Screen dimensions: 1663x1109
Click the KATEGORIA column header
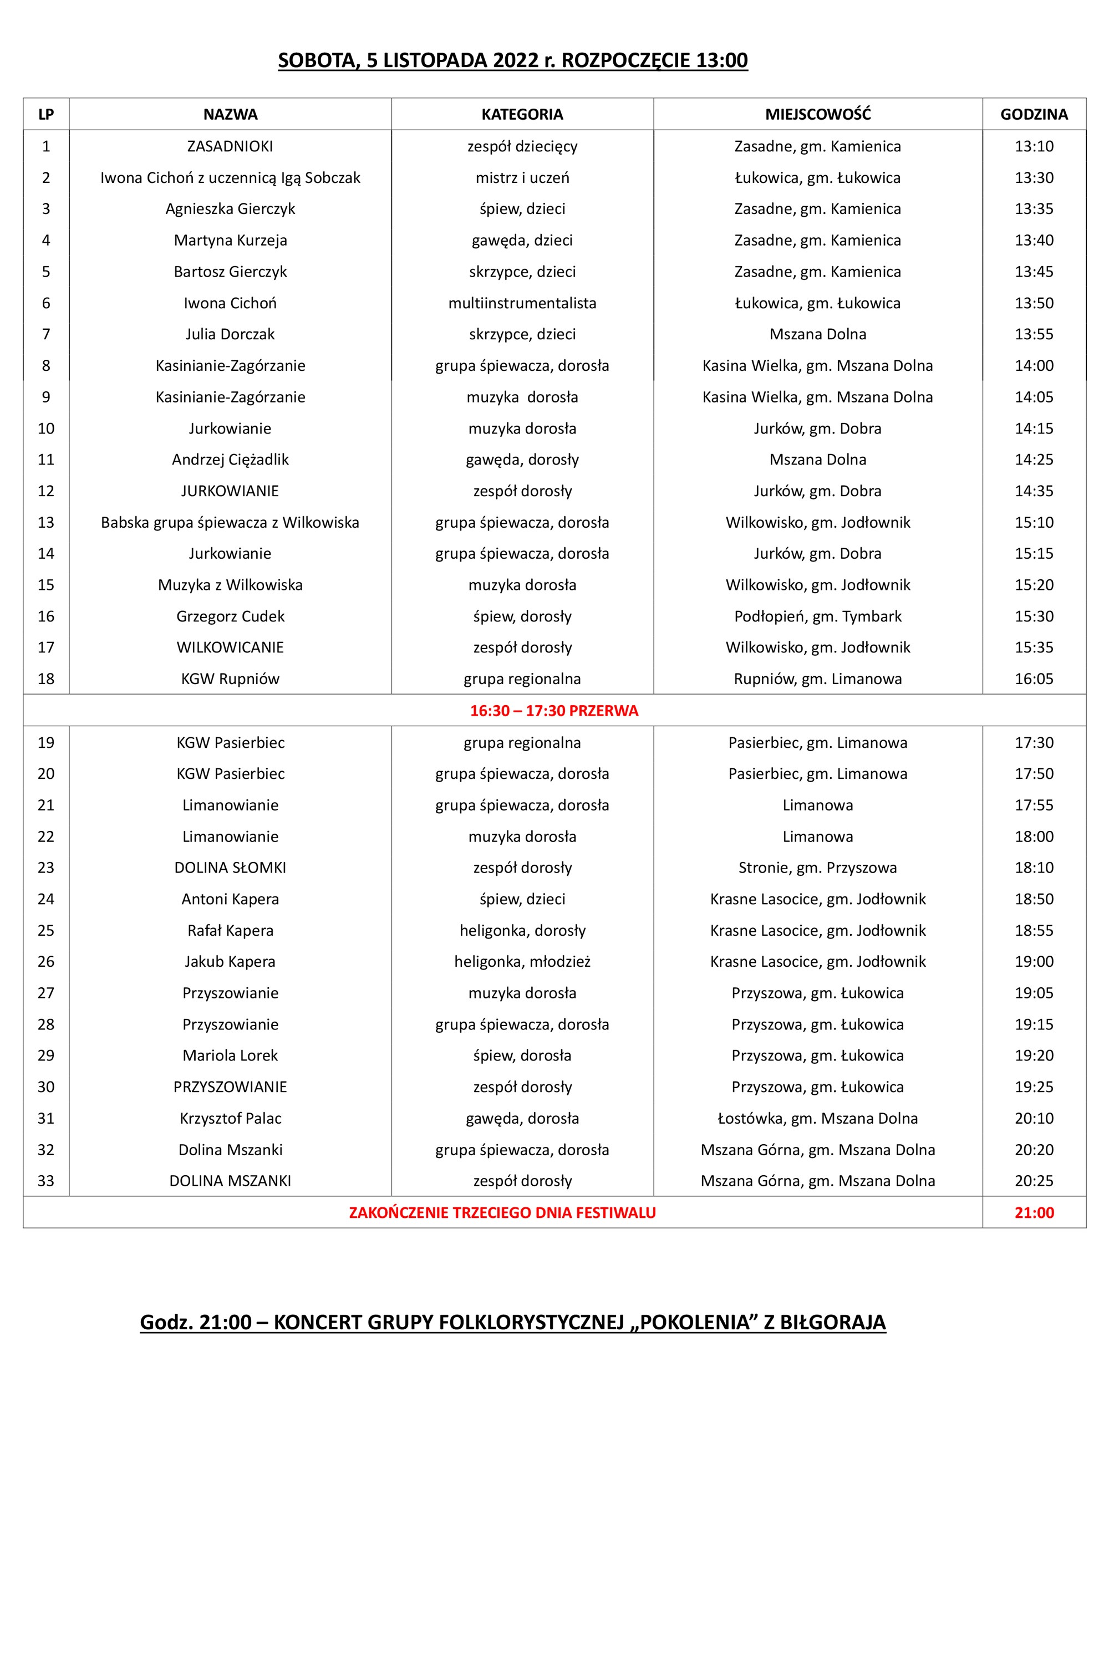(x=522, y=115)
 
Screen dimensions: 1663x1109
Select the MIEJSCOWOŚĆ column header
(x=817, y=115)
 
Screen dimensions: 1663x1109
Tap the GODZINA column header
(x=1034, y=115)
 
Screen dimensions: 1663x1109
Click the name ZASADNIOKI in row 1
(x=230, y=146)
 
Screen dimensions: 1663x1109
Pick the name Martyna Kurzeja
(x=230, y=241)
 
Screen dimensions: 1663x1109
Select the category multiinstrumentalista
(x=522, y=303)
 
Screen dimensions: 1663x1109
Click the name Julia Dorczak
(x=230, y=334)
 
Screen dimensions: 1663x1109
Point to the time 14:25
(x=1034, y=460)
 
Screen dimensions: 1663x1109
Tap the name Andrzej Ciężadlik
(x=230, y=460)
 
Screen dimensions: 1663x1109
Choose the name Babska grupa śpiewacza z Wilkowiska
(x=230, y=523)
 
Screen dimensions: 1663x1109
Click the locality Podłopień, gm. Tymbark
(x=817, y=616)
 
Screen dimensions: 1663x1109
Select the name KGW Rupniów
(x=230, y=679)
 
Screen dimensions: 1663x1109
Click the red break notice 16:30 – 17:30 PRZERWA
(x=554, y=711)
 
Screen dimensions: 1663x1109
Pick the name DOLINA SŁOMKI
(x=230, y=868)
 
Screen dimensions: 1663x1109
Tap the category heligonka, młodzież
(x=522, y=962)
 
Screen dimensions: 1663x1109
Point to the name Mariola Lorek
(x=230, y=1055)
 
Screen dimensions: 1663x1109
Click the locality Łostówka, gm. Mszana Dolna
(x=817, y=1119)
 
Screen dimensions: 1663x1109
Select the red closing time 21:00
(x=1034, y=1213)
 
